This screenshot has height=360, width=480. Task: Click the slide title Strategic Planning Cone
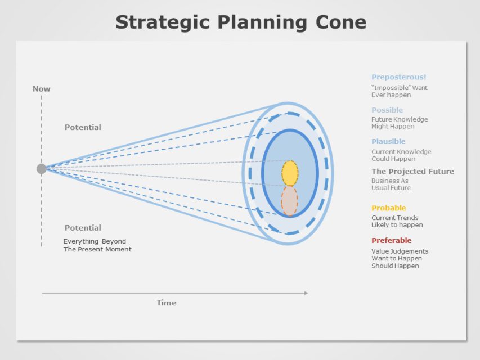pyautogui.click(x=240, y=22)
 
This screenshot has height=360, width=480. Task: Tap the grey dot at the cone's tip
pyautogui.click(x=42, y=169)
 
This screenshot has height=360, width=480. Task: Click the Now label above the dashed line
pyautogui.click(x=41, y=89)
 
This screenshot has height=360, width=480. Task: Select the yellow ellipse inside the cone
pyautogui.click(x=290, y=173)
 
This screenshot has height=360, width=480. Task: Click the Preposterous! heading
pyautogui.click(x=398, y=77)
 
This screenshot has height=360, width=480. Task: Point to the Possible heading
pyautogui.click(x=387, y=110)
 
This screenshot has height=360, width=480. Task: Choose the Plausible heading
pyautogui.click(x=388, y=142)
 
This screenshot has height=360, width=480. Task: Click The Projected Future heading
pyautogui.click(x=412, y=172)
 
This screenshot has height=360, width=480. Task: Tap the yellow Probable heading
pyautogui.click(x=388, y=208)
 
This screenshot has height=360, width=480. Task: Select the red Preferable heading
pyautogui.click(x=391, y=241)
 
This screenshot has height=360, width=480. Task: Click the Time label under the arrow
pyautogui.click(x=166, y=303)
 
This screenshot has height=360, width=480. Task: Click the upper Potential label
pyautogui.click(x=83, y=128)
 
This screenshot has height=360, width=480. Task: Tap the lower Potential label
pyautogui.click(x=83, y=228)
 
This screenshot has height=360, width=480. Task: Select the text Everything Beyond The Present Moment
pyautogui.click(x=97, y=245)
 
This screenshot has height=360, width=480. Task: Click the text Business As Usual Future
pyautogui.click(x=391, y=184)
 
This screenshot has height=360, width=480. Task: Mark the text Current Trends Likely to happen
pyautogui.click(x=397, y=222)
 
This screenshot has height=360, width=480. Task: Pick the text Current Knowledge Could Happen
pyautogui.click(x=401, y=155)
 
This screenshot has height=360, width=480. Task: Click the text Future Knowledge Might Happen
pyautogui.click(x=399, y=123)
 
